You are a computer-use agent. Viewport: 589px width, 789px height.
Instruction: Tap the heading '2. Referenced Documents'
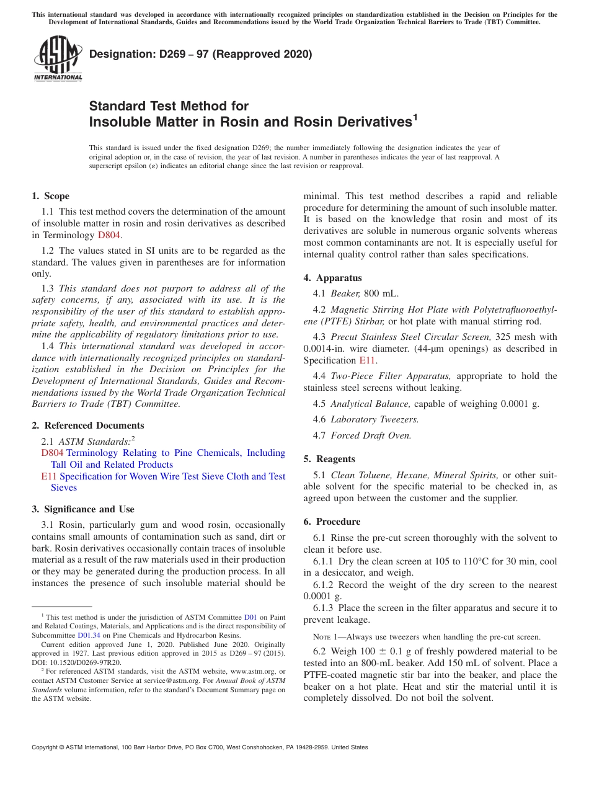87,426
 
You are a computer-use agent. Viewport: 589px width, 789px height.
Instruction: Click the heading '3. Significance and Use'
82,509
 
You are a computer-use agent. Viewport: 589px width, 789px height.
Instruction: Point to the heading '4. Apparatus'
332,278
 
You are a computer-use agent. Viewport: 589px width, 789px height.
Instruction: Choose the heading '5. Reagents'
329,459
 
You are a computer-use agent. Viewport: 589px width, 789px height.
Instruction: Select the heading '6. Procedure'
332,522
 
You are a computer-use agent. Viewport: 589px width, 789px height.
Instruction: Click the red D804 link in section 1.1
109,235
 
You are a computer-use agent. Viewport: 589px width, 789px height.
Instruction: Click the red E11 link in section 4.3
366,360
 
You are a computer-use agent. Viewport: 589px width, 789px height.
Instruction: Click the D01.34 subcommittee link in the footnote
88,635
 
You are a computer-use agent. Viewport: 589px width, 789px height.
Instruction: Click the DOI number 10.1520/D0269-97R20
86,662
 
